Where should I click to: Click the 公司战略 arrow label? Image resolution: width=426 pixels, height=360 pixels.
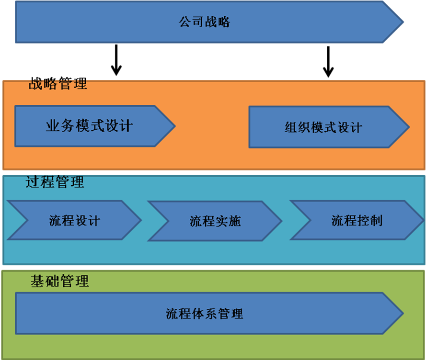pyautogui.click(x=205, y=22)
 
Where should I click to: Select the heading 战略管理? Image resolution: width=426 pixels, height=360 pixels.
pyautogui.click(x=58, y=85)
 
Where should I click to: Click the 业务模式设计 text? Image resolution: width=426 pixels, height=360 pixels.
pyautogui.click(x=89, y=126)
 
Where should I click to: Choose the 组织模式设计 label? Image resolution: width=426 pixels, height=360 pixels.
pyautogui.click(x=323, y=127)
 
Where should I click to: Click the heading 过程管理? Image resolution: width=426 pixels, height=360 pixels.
pyautogui.click(x=55, y=182)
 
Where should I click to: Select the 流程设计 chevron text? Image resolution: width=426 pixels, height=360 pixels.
pyautogui.click(x=75, y=220)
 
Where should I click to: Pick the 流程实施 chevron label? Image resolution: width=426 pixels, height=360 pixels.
pyautogui.click(x=215, y=221)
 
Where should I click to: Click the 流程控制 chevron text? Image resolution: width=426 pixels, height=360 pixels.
pyautogui.click(x=357, y=220)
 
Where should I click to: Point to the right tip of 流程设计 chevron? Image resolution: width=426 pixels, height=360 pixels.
pyautogui.click(x=141, y=220)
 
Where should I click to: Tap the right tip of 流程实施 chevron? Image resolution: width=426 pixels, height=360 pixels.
pyautogui.click(x=281, y=221)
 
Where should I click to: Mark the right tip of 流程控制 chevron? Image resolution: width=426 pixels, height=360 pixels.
pyautogui.click(x=423, y=220)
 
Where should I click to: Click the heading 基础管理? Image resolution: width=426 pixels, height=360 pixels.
pyautogui.click(x=60, y=281)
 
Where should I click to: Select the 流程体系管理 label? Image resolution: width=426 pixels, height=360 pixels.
pyautogui.click(x=205, y=314)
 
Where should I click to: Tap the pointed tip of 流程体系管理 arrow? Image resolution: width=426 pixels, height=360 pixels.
pyautogui.click(x=403, y=314)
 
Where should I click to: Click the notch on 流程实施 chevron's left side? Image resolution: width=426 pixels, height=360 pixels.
pyautogui.click(x=168, y=221)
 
